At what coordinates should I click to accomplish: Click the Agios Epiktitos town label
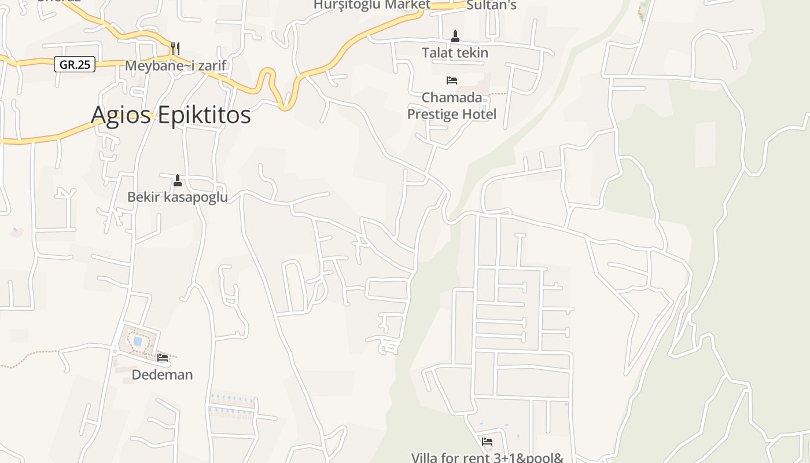point(171,115)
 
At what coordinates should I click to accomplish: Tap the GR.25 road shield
point(75,64)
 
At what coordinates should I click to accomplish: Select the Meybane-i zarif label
point(175,66)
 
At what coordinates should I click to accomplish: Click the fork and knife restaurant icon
point(175,48)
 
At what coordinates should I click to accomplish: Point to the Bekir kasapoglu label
point(177,197)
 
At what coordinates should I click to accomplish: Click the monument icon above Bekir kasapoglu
point(178,181)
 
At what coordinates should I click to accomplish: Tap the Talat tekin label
point(455,53)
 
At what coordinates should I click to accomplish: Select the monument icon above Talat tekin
point(455,36)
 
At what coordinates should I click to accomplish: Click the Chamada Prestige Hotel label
point(452,105)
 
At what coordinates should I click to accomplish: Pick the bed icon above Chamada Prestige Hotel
point(452,80)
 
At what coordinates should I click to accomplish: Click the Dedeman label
point(162,374)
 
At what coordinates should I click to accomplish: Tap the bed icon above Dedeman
point(163,358)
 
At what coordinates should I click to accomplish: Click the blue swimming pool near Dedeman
point(138,341)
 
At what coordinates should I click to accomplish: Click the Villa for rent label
point(487,457)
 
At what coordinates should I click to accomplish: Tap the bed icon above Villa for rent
point(487,442)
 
